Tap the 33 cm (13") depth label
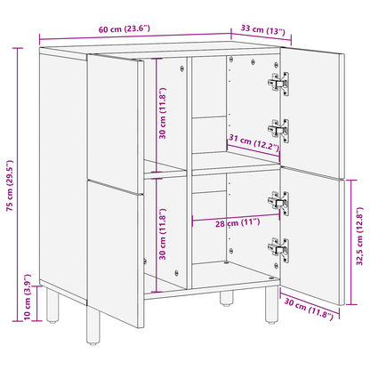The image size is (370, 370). tap(264, 31)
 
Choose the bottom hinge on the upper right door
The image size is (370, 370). tap(278, 130)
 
